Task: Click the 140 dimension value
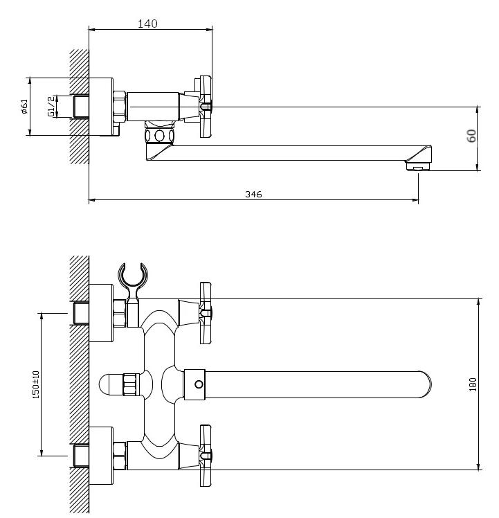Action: tap(147, 24)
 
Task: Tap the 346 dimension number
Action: tap(253, 194)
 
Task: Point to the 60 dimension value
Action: tap(471, 136)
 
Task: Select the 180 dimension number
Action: tap(473, 384)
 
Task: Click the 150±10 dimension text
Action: tap(36, 384)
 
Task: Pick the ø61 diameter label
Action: tap(24, 107)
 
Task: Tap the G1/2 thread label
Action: tap(51, 107)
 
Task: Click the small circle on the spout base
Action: tap(199, 384)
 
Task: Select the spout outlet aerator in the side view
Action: tap(419, 166)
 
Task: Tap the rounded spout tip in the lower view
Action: tap(426, 384)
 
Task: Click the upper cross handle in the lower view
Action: tap(206, 313)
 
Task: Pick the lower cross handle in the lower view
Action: tap(206, 456)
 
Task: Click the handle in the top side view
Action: tap(206, 107)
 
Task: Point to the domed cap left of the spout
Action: tap(111, 384)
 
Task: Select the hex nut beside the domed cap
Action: tap(130, 384)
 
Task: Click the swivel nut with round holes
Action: tap(159, 136)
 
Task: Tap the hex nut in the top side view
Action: tap(120, 107)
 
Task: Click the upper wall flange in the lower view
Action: tap(101, 312)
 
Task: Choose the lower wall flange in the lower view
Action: tap(101, 456)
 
